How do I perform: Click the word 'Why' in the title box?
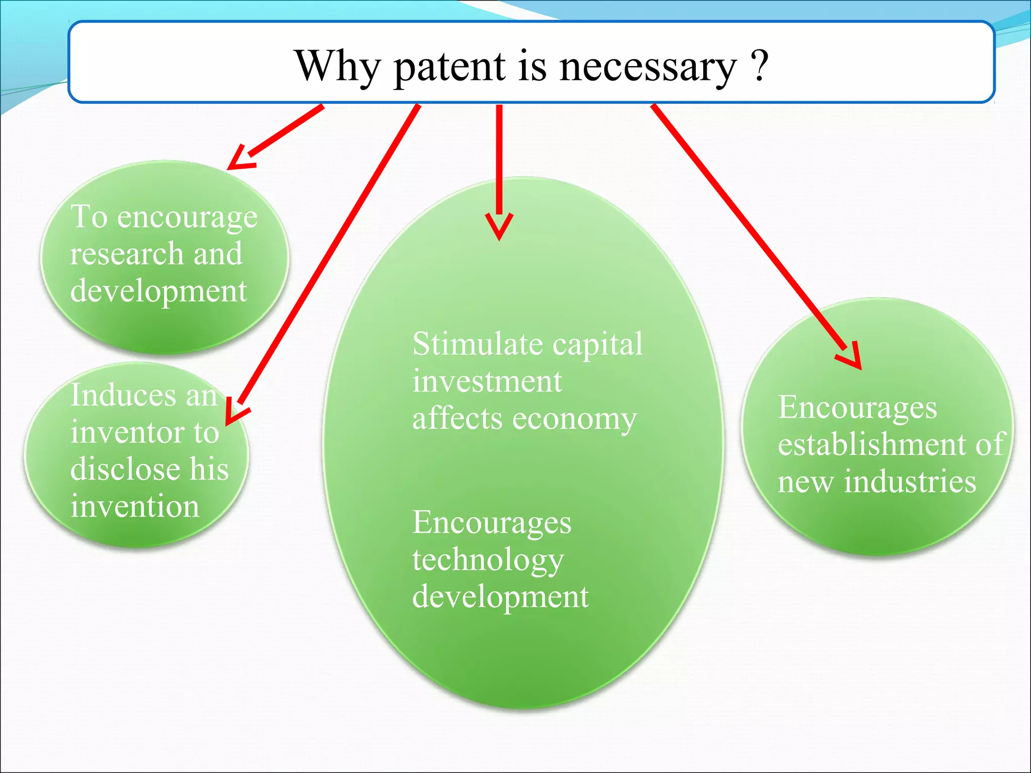click(337, 67)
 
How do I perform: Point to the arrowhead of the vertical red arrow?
click(499, 226)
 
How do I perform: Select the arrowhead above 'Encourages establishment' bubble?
click(851, 357)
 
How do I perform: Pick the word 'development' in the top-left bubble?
click(159, 291)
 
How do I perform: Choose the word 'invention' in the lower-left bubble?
click(135, 506)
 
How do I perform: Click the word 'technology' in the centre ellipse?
click(488, 560)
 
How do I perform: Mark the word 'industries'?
click(910, 482)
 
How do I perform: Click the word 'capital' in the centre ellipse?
click(598, 345)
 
